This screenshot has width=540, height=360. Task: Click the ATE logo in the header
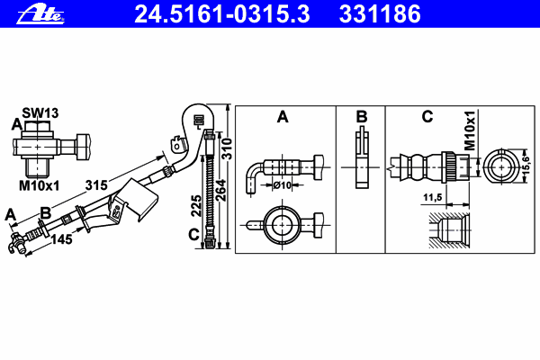coord(40,15)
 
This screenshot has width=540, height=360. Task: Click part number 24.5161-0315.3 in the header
coord(222,14)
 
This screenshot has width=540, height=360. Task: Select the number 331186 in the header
coord(380,14)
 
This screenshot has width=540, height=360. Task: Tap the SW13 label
coord(40,112)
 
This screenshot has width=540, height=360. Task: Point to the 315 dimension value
coord(96,185)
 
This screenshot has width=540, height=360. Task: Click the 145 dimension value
coord(61,239)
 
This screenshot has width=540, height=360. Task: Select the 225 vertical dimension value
coord(196,206)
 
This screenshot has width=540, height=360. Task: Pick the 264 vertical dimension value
coord(220,190)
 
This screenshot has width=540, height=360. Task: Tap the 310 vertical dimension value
coord(227,148)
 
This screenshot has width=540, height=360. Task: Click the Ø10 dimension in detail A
coord(283,185)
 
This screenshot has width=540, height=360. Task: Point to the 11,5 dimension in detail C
coord(433,197)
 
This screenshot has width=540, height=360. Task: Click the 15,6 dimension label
coord(526,166)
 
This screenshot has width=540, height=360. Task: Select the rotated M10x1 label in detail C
coord(470,130)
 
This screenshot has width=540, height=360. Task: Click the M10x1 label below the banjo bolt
coord(40,185)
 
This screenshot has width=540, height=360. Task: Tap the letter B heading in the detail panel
coord(362,117)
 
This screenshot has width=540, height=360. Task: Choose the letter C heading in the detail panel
coord(427,117)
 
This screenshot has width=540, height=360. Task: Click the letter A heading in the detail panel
coord(283,117)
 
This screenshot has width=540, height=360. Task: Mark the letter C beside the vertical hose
coord(194,235)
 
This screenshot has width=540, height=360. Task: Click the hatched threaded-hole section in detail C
coord(449,230)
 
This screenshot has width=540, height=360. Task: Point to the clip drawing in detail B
coord(362,157)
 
